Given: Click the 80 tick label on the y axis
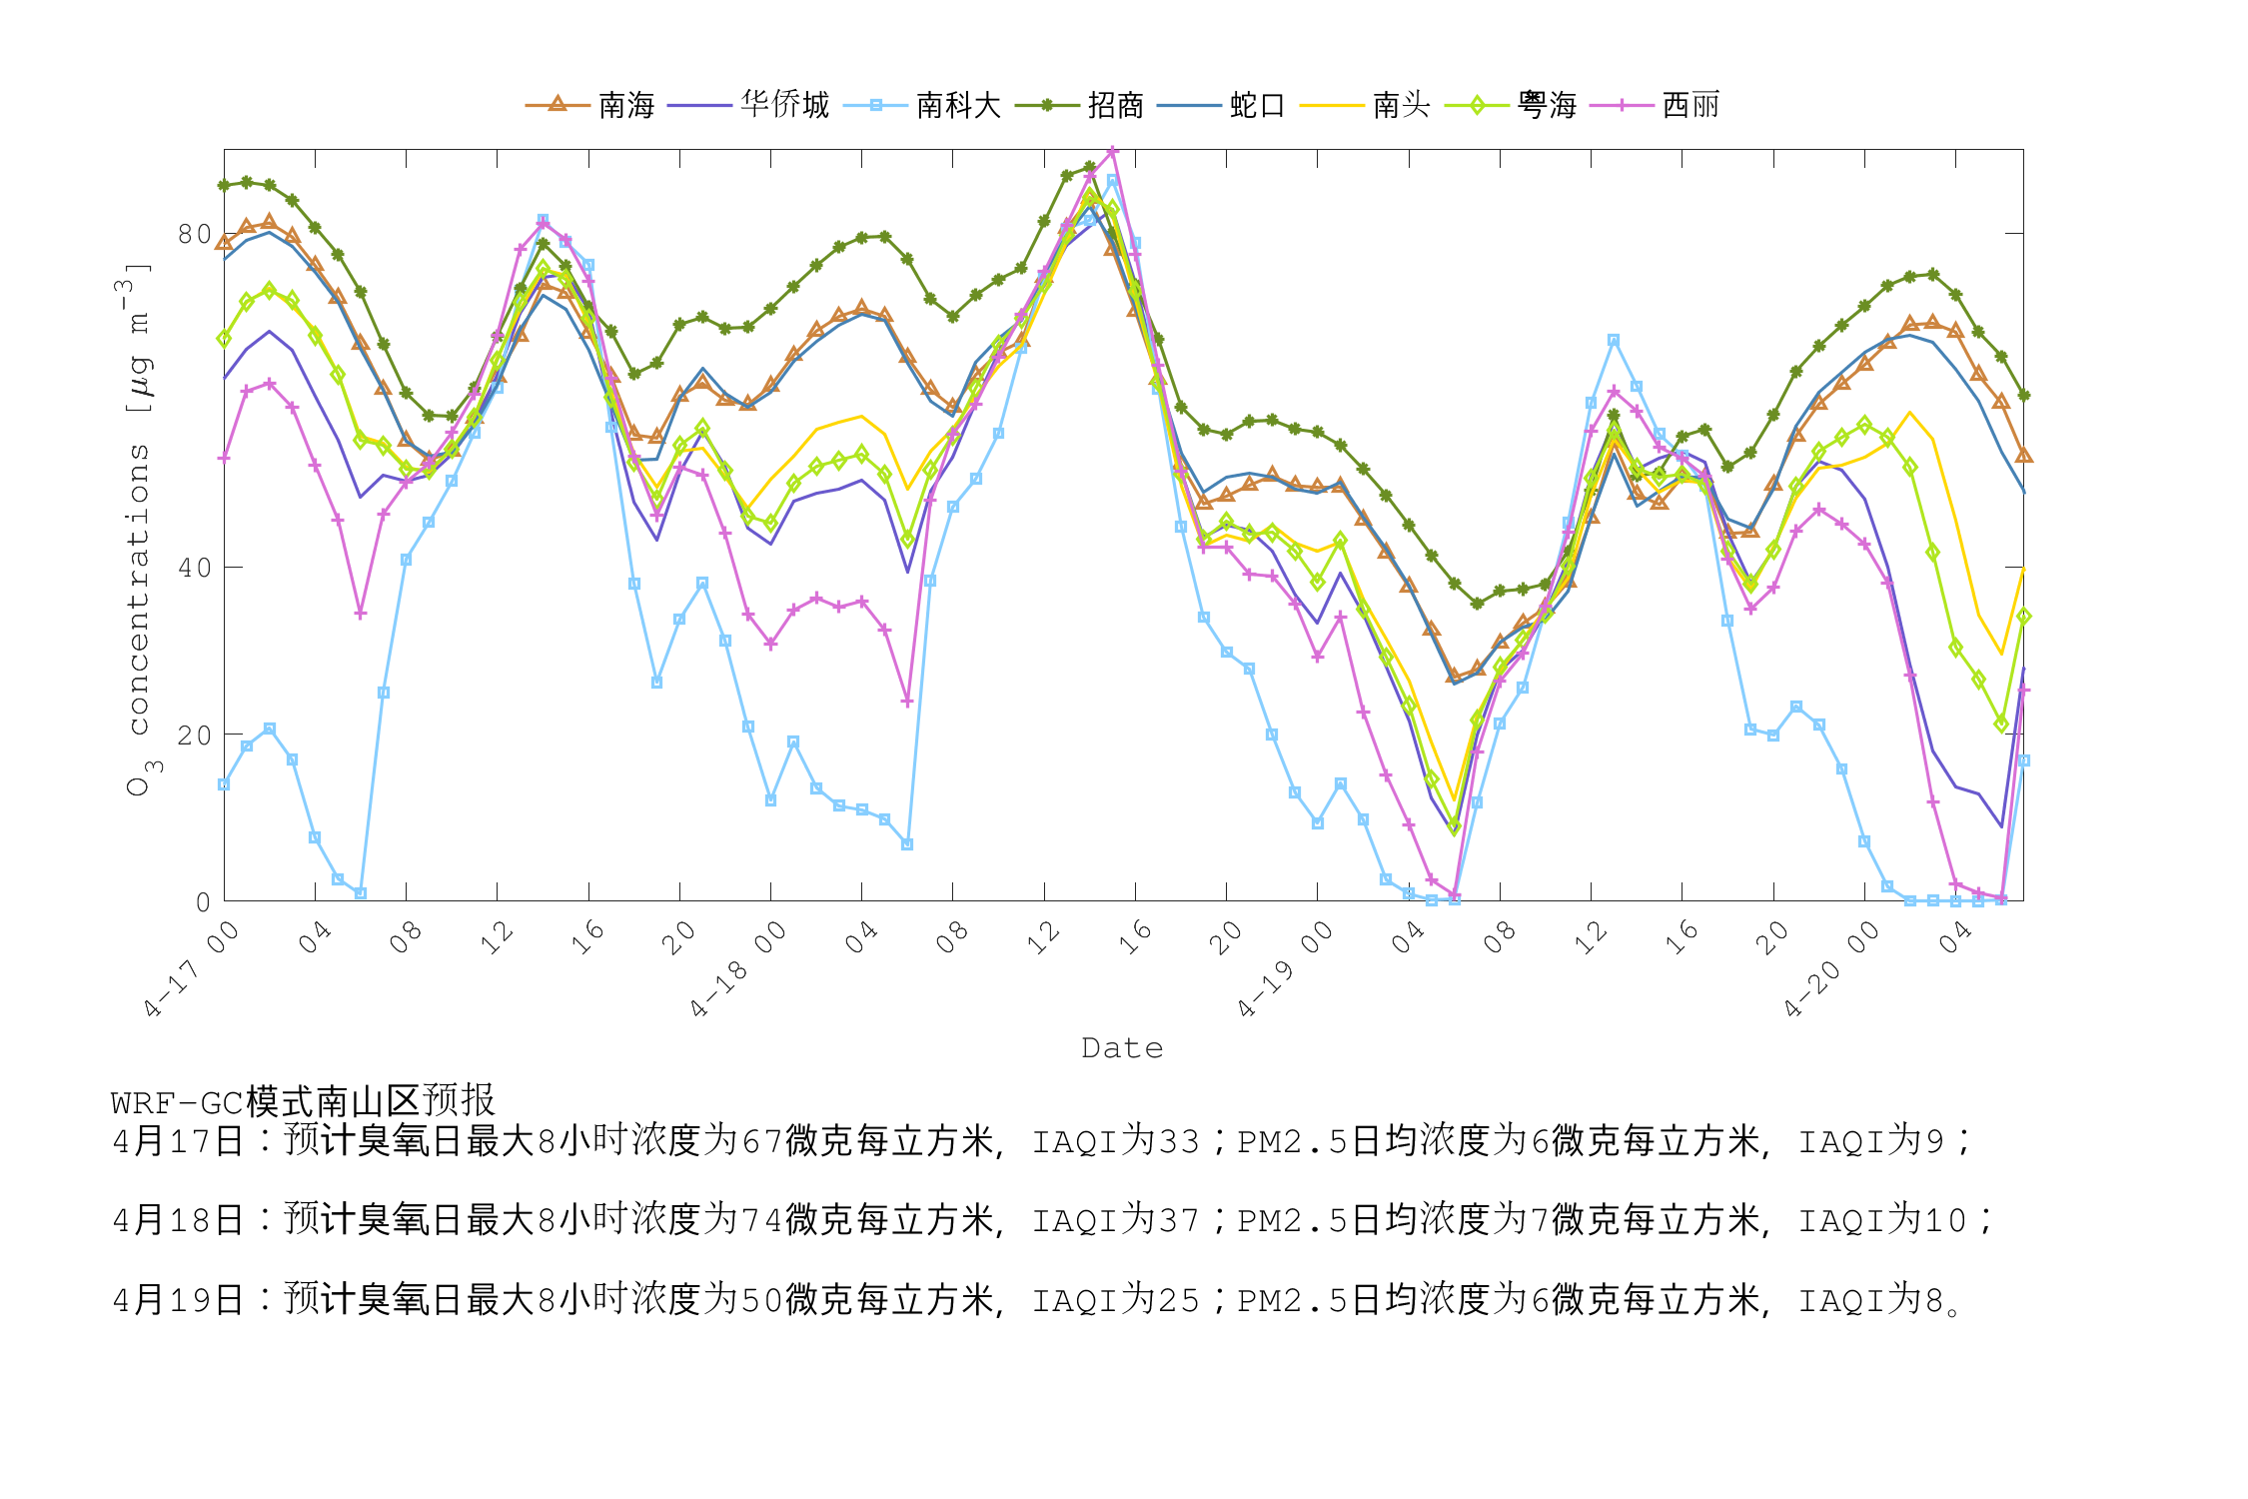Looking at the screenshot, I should point(194,234).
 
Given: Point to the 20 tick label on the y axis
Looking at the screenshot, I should point(194,736).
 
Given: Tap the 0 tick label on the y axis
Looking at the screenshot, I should point(203,902).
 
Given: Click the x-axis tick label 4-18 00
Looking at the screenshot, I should point(737,969).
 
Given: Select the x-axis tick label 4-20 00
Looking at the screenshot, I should point(1830,969).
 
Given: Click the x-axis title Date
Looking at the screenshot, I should point(1122,1048).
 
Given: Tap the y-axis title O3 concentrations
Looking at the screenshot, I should point(139,530).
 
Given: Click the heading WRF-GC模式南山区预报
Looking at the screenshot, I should point(303,1101).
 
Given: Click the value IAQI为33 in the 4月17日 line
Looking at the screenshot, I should point(1115,1141).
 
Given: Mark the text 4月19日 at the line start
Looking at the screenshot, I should point(178,1300).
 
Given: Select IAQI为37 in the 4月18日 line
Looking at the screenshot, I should point(1115,1220).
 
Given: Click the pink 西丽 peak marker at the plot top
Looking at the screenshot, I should point(1112,152).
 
